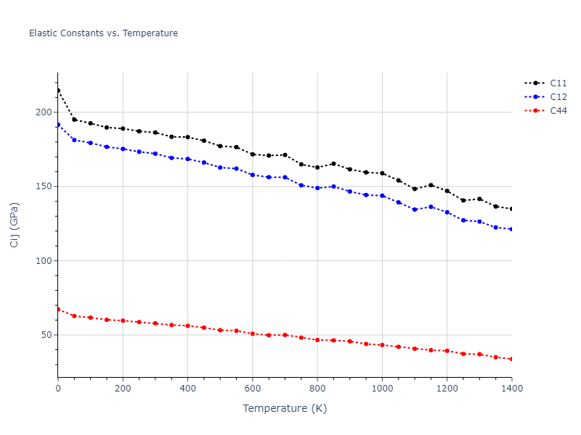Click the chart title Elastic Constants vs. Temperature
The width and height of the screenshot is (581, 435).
tap(103, 33)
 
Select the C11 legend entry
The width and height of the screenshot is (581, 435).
tap(558, 83)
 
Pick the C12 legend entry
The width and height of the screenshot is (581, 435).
tap(558, 97)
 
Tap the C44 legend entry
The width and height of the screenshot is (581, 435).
tap(558, 111)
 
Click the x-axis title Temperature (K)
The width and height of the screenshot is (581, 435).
tap(285, 408)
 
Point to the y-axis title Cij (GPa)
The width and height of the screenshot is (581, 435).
tap(15, 225)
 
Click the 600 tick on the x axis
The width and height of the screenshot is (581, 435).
tap(252, 389)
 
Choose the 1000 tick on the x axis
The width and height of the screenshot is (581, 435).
tap(382, 389)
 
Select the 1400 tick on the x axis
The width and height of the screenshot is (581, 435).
tap(511, 389)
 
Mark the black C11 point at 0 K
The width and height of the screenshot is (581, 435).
tap(58, 91)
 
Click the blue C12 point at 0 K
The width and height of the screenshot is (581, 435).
tap(58, 125)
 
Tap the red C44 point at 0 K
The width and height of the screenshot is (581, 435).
tap(58, 310)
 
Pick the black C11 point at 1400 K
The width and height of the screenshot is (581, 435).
tap(511, 209)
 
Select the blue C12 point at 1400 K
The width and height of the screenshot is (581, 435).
tap(511, 229)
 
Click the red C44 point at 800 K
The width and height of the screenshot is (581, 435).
tap(317, 340)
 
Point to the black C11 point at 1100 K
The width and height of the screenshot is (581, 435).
tap(415, 189)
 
